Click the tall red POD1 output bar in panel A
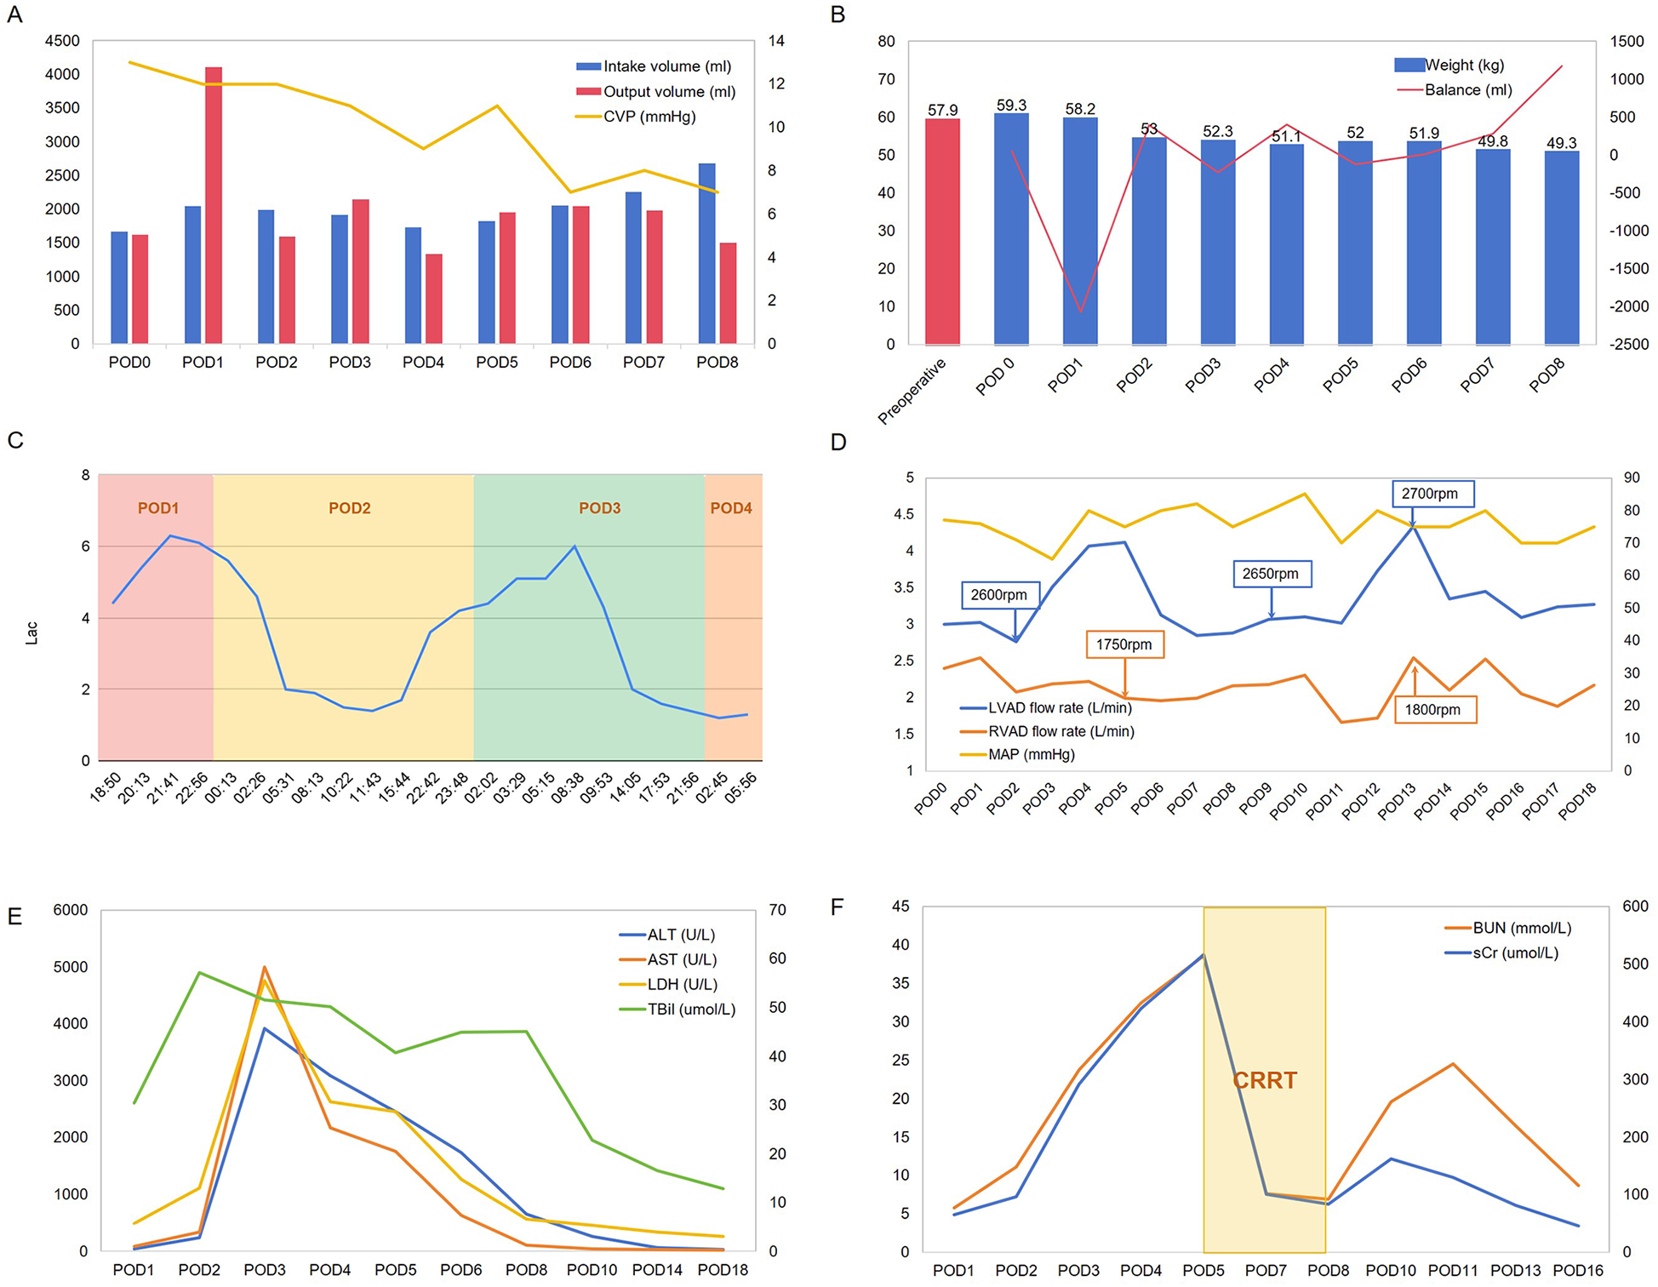pos(214,204)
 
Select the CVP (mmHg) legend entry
pos(649,117)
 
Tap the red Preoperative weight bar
pos(942,232)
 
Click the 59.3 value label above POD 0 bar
pos(1011,106)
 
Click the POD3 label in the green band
pos(599,508)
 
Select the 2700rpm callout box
pos(1430,494)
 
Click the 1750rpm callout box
pos(1123,644)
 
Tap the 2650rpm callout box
pos(1270,574)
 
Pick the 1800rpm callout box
pos(1432,710)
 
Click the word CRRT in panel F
pos(1265,1080)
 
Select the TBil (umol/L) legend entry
pos(690,1010)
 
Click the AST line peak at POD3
pos(265,968)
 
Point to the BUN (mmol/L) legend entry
pos(1521,928)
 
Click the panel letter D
pos(838,443)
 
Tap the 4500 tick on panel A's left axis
pos(62,41)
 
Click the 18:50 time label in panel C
pos(106,787)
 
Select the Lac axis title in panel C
pos(31,632)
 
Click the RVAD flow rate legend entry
pos(1060,731)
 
